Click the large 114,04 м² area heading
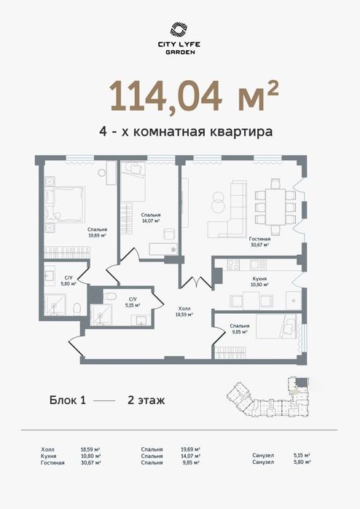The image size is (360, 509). click(x=195, y=95)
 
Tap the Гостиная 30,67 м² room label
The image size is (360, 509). click(x=259, y=242)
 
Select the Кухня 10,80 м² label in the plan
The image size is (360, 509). click(x=260, y=282)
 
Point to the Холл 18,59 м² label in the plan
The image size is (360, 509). click(x=184, y=312)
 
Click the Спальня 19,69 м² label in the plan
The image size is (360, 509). click(x=98, y=232)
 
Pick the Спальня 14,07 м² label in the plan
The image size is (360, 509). click(x=151, y=218)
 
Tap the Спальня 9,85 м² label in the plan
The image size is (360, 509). click(x=240, y=329)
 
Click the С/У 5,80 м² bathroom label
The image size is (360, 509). click(x=69, y=280)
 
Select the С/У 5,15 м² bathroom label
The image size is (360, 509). click(x=133, y=302)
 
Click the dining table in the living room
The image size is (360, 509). click(x=275, y=207)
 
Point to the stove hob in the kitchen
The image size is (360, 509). click(x=233, y=264)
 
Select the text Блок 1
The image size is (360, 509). click(x=68, y=400)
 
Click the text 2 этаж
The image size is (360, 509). click(x=146, y=400)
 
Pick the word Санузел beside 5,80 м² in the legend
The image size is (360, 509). click(x=263, y=462)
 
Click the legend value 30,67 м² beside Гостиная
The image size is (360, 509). click(x=90, y=462)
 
